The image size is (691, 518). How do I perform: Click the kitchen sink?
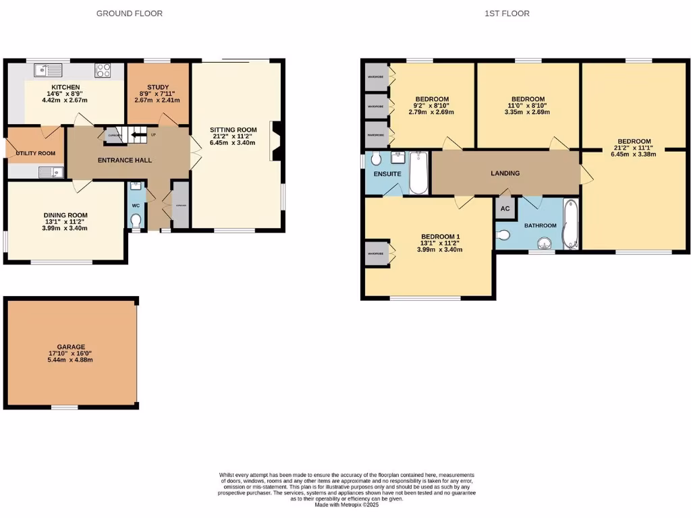pyautogui.click(x=49, y=68)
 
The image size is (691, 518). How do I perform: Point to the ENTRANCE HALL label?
pyautogui.click(x=125, y=161)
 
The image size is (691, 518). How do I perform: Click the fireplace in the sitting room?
pyautogui.click(x=276, y=141)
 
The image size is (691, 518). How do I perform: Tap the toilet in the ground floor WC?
pyautogui.click(x=136, y=220)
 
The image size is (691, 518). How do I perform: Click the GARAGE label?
pyautogui.click(x=70, y=347)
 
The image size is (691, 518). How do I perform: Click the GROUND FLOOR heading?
pyautogui.click(x=129, y=13)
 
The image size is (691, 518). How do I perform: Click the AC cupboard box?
pyautogui.click(x=505, y=208)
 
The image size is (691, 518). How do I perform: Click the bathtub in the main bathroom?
pyautogui.click(x=570, y=225)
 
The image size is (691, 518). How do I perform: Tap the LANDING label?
pyautogui.click(x=505, y=173)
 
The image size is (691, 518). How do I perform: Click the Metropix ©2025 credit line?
pyautogui.click(x=347, y=505)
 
